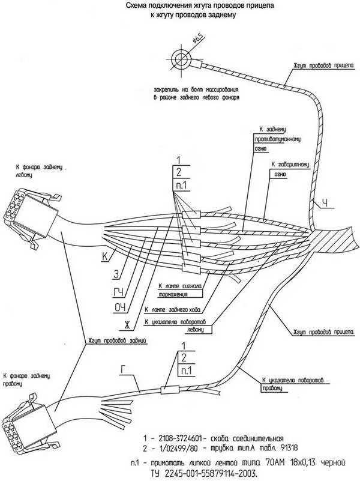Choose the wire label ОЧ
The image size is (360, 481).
(121, 309)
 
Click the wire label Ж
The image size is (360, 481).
(127, 326)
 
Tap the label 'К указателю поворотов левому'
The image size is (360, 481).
(184, 325)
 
